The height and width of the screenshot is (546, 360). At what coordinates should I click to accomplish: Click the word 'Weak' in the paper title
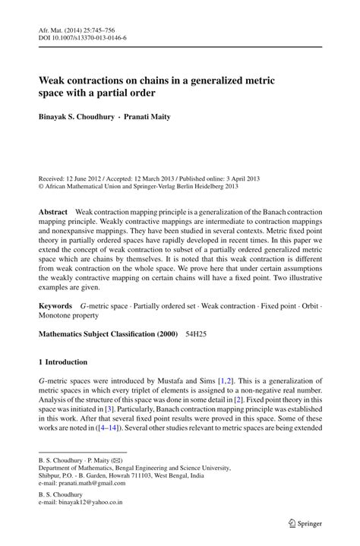tap(53, 80)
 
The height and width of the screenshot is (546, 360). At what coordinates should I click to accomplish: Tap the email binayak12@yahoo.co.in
tap(91, 503)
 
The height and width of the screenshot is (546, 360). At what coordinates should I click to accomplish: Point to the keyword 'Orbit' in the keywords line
tap(305, 305)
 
